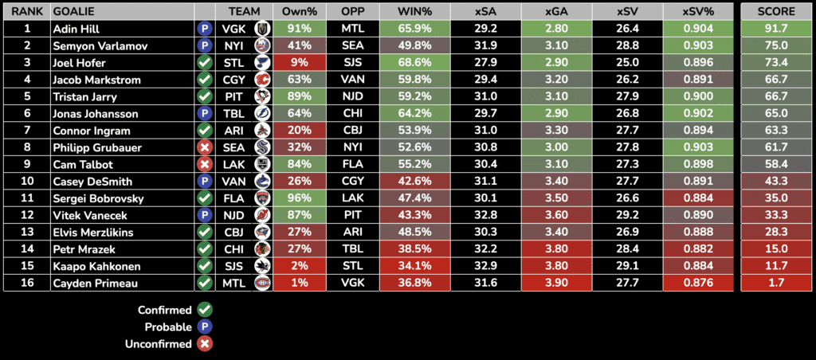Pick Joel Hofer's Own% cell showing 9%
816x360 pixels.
click(x=299, y=62)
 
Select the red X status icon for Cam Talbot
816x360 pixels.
click(x=205, y=164)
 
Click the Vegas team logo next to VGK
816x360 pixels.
click(x=261, y=28)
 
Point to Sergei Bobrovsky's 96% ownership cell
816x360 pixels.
click(x=299, y=198)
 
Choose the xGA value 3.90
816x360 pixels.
click(x=558, y=283)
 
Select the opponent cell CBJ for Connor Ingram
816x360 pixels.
click(x=351, y=130)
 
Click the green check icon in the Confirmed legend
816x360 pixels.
click(x=205, y=310)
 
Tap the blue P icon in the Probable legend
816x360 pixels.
click(x=205, y=327)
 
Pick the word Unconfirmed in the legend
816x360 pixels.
click(x=159, y=344)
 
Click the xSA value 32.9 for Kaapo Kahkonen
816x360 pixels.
click(x=486, y=266)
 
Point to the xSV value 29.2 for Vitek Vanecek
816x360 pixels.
click(x=630, y=215)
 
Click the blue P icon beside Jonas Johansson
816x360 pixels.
click(x=205, y=113)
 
